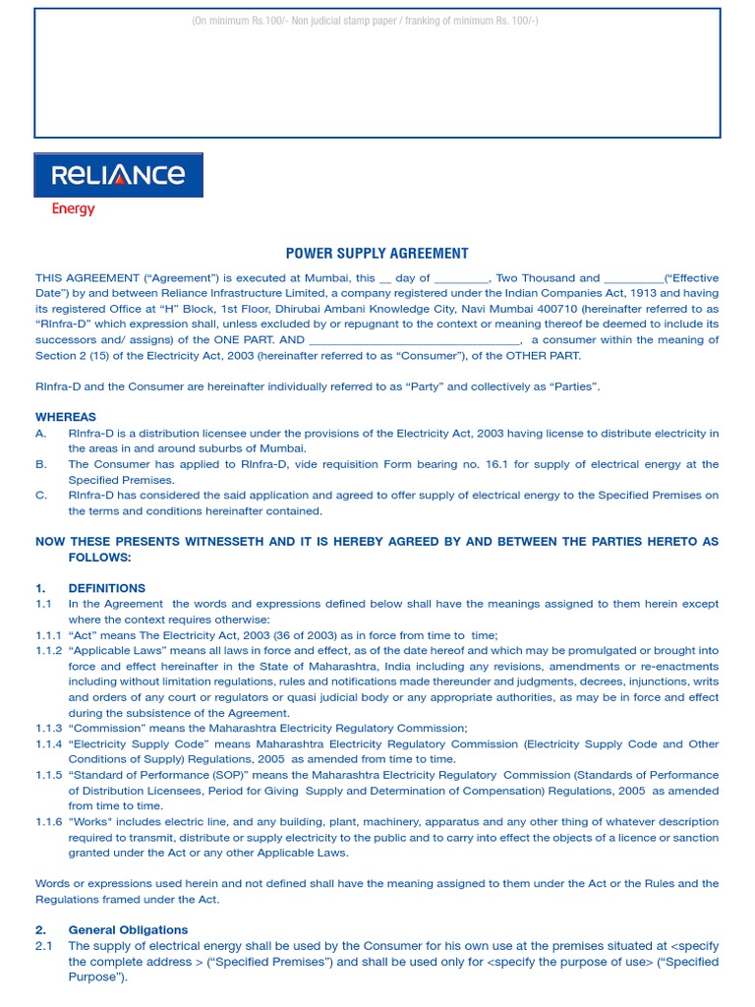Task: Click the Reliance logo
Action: (x=119, y=175)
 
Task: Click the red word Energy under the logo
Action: (x=73, y=208)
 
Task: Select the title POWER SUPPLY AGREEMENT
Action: (x=377, y=253)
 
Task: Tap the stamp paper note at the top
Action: (x=365, y=21)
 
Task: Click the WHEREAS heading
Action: (x=66, y=417)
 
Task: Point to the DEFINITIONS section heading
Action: (x=107, y=588)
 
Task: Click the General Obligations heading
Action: (x=128, y=929)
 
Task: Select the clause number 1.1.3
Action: (x=49, y=728)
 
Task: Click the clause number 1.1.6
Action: (x=49, y=822)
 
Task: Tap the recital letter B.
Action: (x=40, y=464)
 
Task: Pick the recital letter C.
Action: (x=40, y=496)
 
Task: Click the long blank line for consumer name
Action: (x=414, y=341)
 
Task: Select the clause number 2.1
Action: (x=43, y=946)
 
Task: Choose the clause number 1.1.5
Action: (x=49, y=775)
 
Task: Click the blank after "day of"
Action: (x=461, y=278)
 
